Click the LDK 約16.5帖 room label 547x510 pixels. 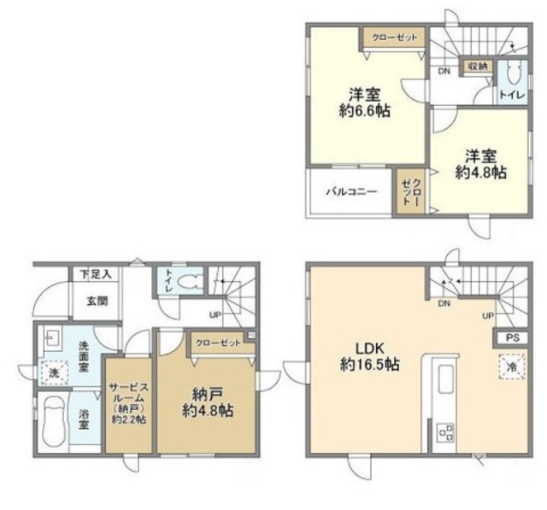pyautogui.click(x=370, y=356)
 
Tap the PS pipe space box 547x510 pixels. pyautogui.click(x=513, y=337)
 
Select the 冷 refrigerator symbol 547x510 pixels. pyautogui.click(x=513, y=366)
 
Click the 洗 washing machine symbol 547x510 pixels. pyautogui.click(x=53, y=372)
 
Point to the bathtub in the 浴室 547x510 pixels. pyautogui.click(x=54, y=422)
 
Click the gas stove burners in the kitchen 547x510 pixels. pyautogui.click(x=445, y=432)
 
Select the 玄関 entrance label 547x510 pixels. pyautogui.click(x=97, y=301)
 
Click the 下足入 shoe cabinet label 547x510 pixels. pyautogui.click(x=96, y=274)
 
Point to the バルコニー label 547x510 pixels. pyautogui.click(x=351, y=191)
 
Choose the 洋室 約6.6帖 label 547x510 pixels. pyautogui.click(x=365, y=103)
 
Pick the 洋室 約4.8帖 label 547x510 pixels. pyautogui.click(x=480, y=164)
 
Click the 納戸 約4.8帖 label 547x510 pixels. pyautogui.click(x=208, y=402)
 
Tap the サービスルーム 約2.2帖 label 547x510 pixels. pyautogui.click(x=129, y=402)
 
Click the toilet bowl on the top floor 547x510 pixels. pyautogui.click(x=513, y=72)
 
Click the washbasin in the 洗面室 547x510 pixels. pyautogui.click(x=52, y=337)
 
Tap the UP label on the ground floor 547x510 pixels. pyautogui.click(x=215, y=315)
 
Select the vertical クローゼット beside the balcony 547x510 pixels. pyautogui.click(x=410, y=191)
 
